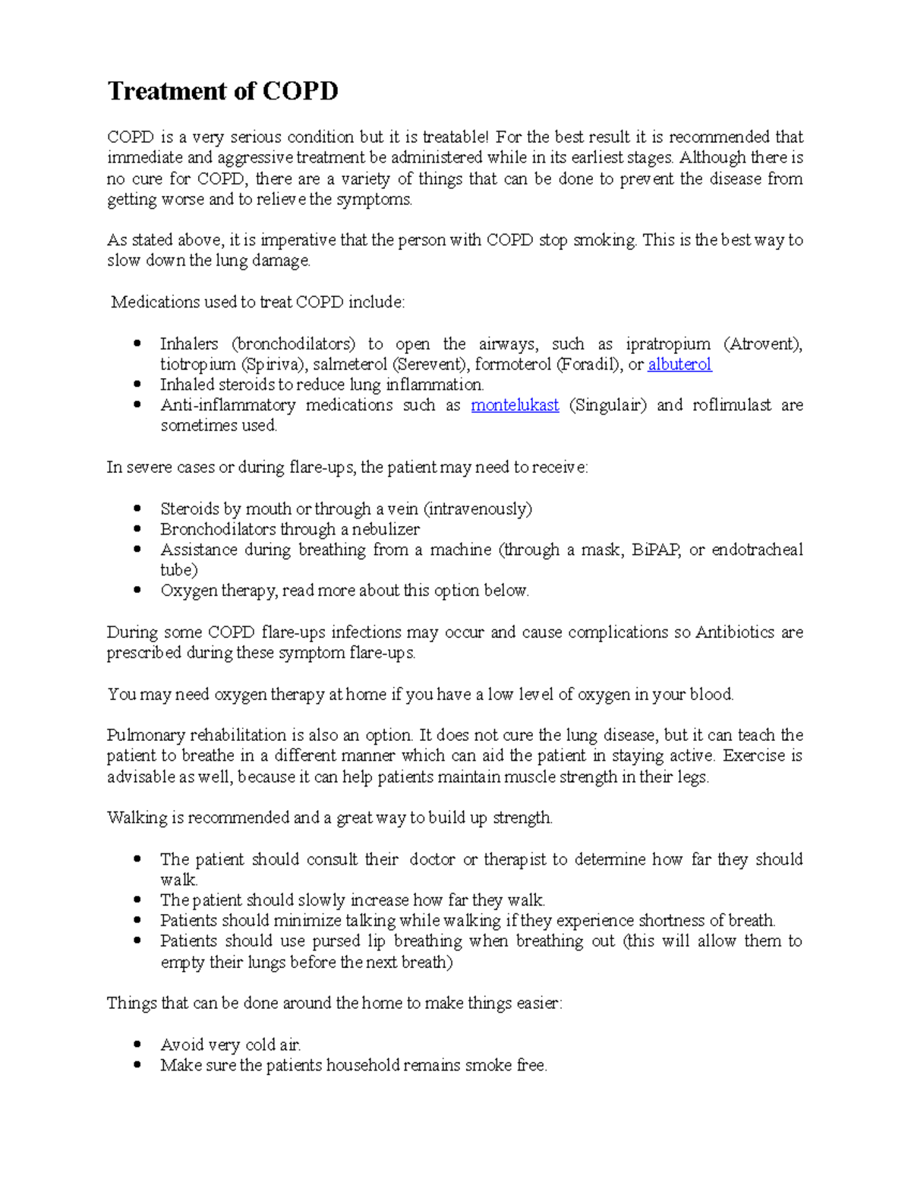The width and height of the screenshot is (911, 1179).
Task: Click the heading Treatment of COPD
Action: [x=222, y=91]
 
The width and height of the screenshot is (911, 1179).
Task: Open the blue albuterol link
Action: [x=679, y=364]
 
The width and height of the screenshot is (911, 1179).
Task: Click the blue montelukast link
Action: [x=515, y=405]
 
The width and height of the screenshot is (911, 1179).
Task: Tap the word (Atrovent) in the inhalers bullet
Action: [x=762, y=344]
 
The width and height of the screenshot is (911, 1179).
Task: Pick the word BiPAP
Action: [x=655, y=550]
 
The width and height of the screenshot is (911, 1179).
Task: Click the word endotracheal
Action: [x=757, y=550]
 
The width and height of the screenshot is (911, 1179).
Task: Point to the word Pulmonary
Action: [x=144, y=735]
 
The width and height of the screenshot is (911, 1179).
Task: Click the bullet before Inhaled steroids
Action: [x=137, y=384]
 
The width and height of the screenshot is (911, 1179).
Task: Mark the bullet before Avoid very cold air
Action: [x=137, y=1045]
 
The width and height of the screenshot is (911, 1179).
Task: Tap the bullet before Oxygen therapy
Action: [x=137, y=590]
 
